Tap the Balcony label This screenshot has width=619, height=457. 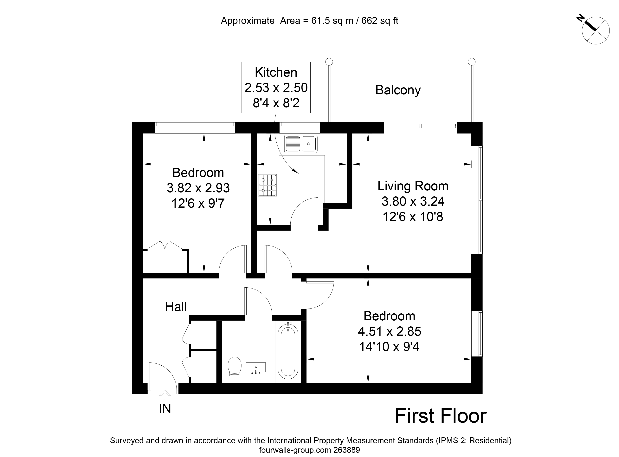coord(398,90)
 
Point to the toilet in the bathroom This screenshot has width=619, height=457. coord(235,366)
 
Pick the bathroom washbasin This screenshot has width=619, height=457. coord(256,368)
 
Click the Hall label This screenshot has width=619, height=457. coord(176,307)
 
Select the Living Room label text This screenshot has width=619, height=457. coord(413,186)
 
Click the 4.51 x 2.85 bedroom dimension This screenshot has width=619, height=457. coord(390,331)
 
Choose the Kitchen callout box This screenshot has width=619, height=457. coord(276,87)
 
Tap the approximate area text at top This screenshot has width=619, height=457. coord(309,21)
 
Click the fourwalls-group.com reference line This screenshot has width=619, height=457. coord(309,450)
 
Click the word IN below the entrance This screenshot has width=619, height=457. coord(165,409)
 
